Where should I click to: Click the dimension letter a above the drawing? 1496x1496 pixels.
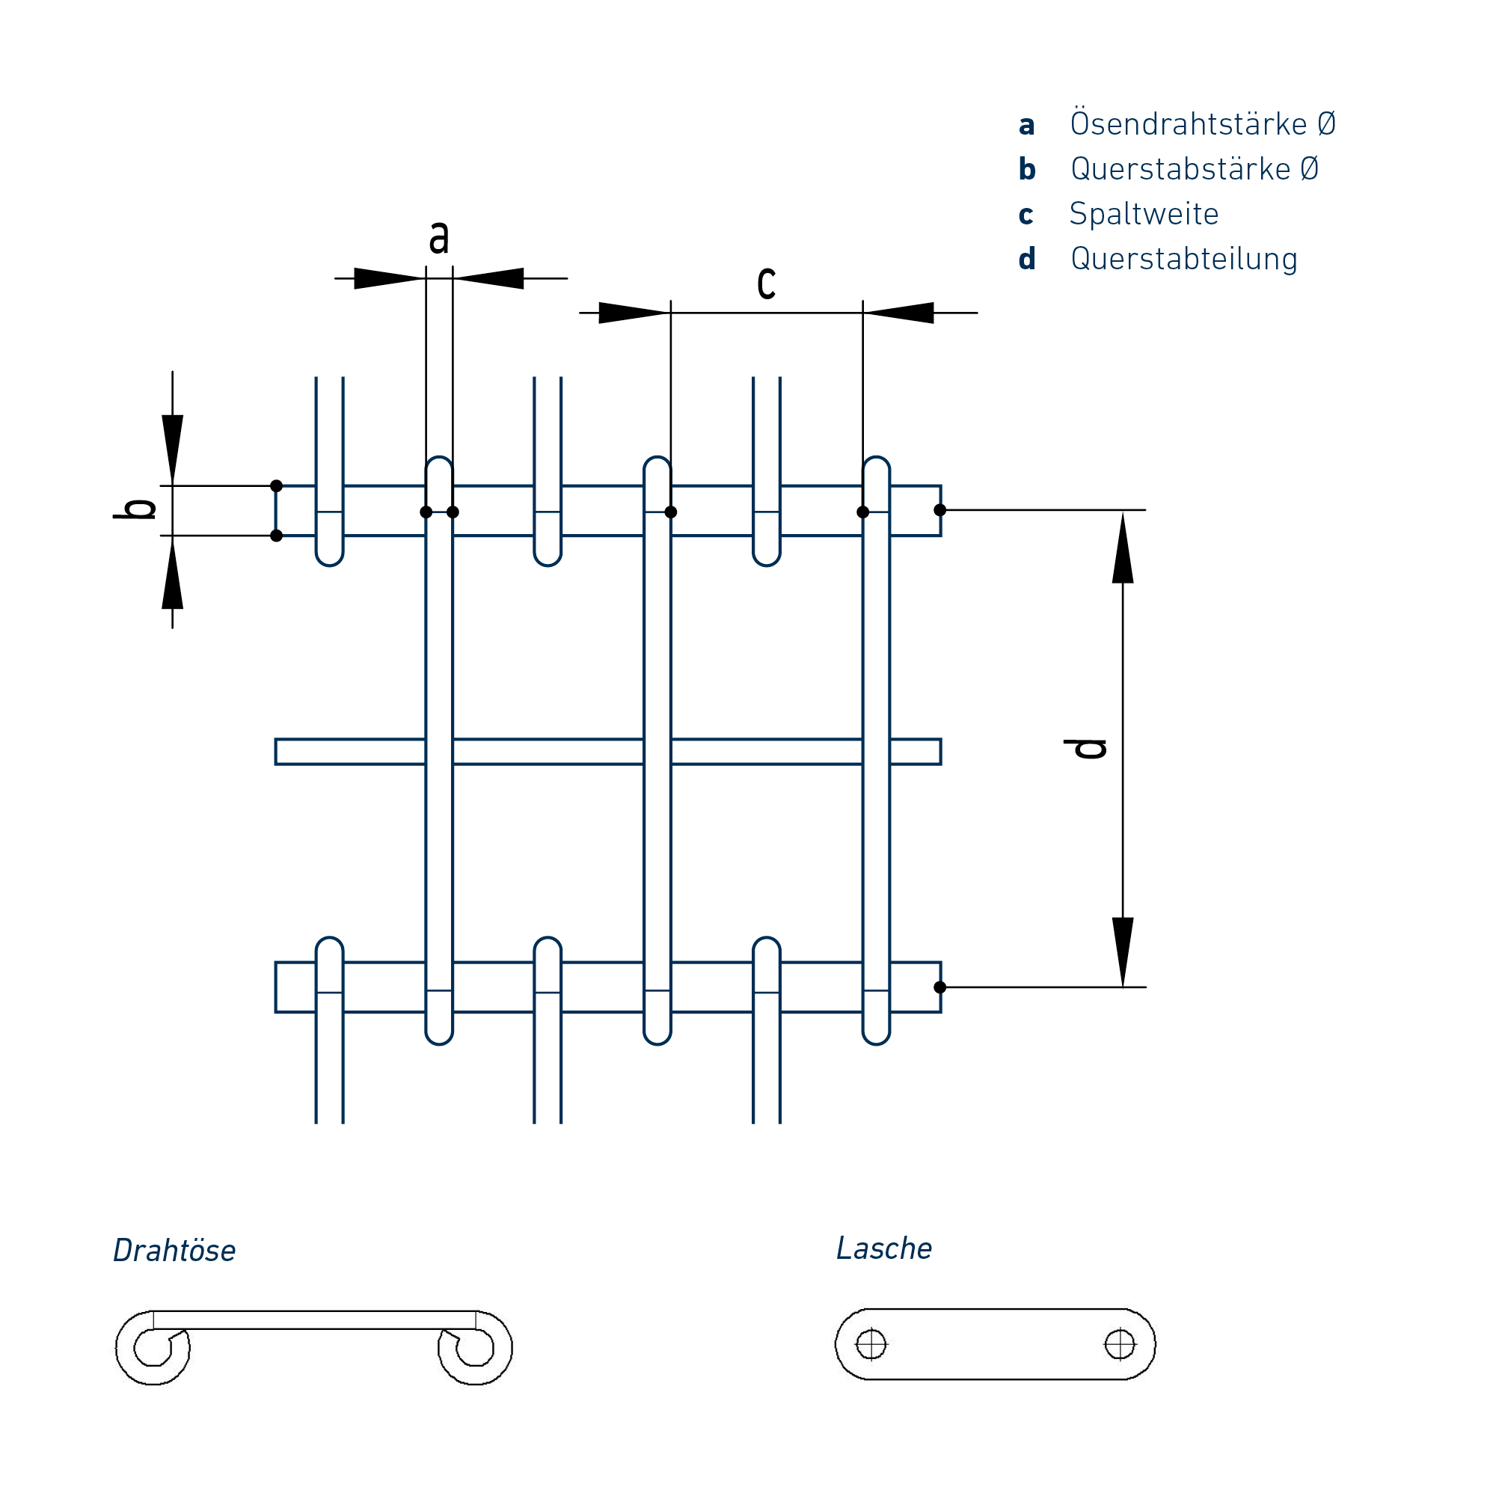point(439,236)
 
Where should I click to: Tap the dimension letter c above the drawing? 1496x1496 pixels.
point(766,282)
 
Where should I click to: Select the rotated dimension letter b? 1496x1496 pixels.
point(136,509)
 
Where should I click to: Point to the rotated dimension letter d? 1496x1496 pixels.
point(1085,749)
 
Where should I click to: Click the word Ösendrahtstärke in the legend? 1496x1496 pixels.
point(1188,124)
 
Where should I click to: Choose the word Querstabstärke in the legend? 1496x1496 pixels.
point(1180,169)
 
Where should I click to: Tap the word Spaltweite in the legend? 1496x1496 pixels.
point(1144,214)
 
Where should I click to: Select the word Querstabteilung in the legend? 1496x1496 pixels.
point(1183,259)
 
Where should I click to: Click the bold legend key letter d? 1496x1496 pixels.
point(1027,259)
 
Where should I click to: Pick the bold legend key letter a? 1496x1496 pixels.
point(1027,125)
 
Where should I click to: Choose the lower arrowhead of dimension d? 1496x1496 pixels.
point(1123,951)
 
